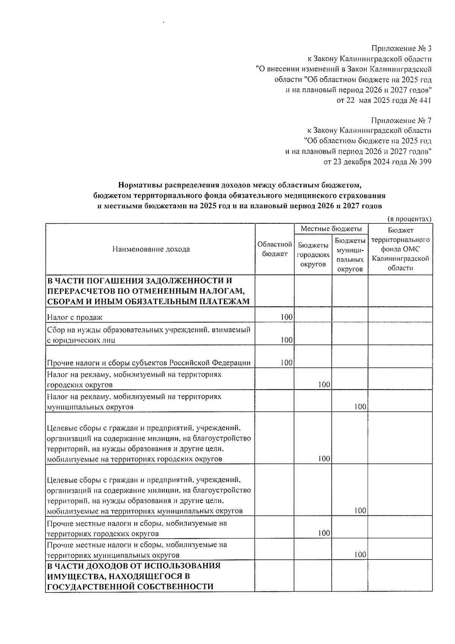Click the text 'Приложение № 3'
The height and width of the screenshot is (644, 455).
click(x=401, y=49)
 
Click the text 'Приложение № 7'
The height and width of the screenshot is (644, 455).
click(x=401, y=121)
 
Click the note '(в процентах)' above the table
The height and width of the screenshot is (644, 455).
click(x=409, y=219)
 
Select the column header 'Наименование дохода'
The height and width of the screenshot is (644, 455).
click(x=151, y=249)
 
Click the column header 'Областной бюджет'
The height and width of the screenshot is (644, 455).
click(x=275, y=249)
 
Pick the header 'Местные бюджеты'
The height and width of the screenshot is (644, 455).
click(x=331, y=229)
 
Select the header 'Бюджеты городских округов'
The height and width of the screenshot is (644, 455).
click(x=313, y=254)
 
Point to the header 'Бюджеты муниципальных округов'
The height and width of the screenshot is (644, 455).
click(x=350, y=254)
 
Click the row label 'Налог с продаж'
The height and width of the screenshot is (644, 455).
click(x=75, y=317)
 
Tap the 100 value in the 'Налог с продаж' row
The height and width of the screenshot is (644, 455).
click(x=287, y=317)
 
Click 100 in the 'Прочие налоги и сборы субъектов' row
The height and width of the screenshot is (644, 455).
click(x=287, y=363)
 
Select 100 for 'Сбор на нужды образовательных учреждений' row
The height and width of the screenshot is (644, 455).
click(x=287, y=340)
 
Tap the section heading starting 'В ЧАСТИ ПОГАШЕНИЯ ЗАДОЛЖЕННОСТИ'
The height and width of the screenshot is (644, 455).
click(x=148, y=291)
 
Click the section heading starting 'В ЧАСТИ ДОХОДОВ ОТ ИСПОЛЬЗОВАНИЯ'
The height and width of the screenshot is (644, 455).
click(x=133, y=576)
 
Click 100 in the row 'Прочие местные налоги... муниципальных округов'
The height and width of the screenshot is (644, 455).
click(x=360, y=554)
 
